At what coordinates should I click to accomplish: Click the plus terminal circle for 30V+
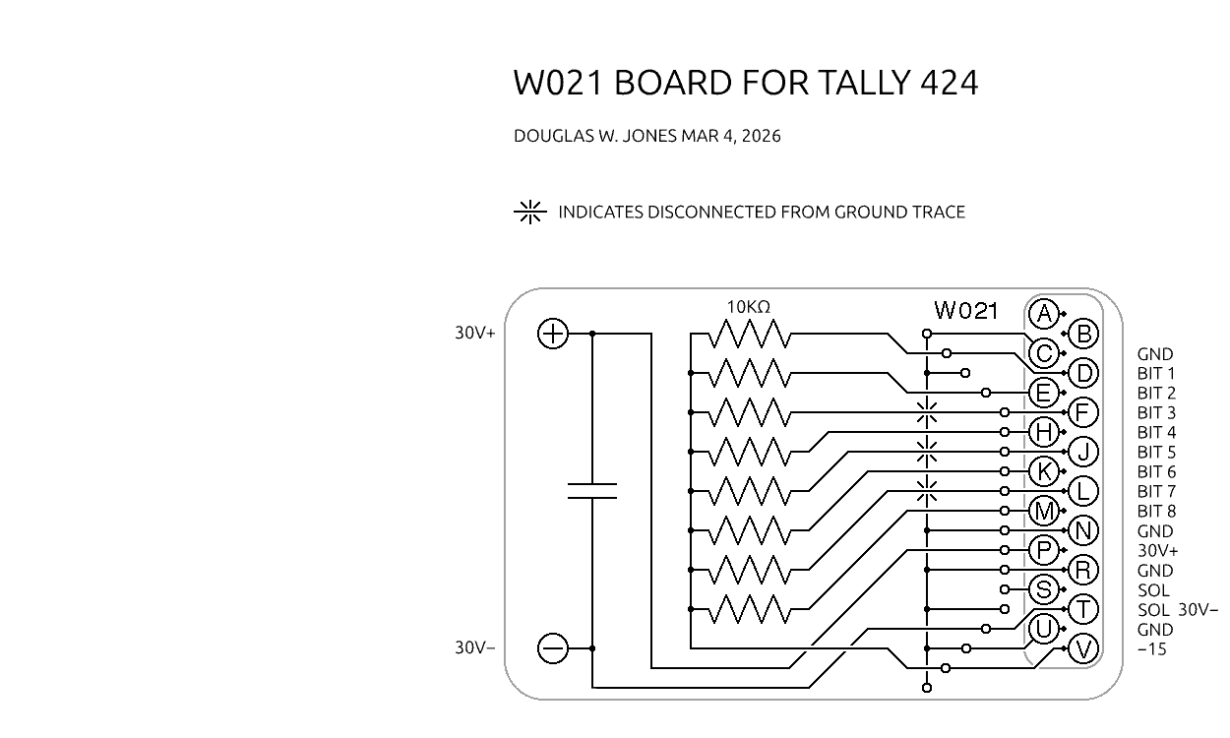(553, 334)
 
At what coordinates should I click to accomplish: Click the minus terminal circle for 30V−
(553, 648)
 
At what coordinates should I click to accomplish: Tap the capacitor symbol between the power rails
(592, 491)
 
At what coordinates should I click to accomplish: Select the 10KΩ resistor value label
(748, 307)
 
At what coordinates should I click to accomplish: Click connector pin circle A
(1043, 314)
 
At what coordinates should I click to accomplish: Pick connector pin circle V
(1083, 648)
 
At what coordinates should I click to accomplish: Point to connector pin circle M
(1043, 511)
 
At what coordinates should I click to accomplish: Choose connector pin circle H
(1043, 432)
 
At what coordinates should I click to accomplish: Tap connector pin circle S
(1043, 589)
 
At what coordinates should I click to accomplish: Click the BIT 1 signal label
(1155, 374)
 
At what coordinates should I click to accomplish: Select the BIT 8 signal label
(1155, 512)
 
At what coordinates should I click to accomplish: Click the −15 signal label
(1151, 649)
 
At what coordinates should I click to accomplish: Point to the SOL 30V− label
(1177, 610)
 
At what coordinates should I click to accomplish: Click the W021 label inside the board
(965, 311)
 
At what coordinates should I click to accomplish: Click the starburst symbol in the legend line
(530, 212)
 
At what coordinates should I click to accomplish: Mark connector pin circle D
(1083, 373)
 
